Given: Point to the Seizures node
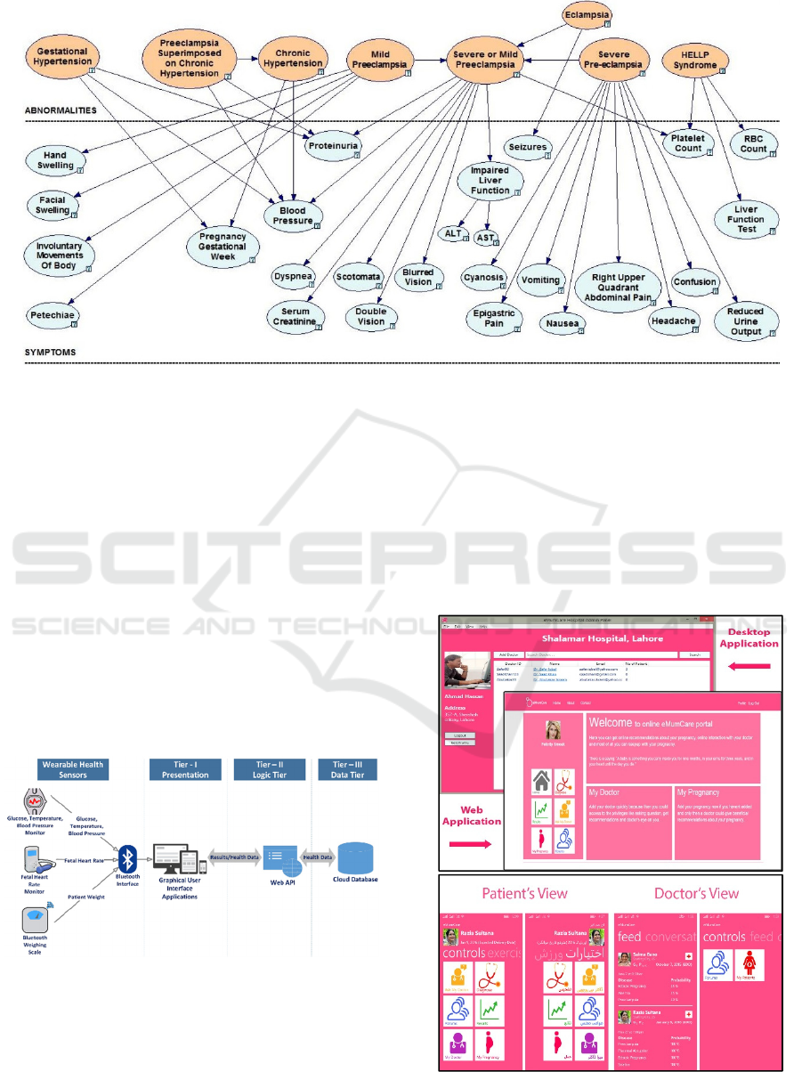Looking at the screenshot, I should [528, 147].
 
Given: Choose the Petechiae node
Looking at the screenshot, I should [53, 315].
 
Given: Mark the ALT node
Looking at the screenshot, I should [452, 233].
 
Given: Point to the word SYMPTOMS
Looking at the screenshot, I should [50, 353].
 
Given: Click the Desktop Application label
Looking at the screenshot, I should [748, 638].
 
